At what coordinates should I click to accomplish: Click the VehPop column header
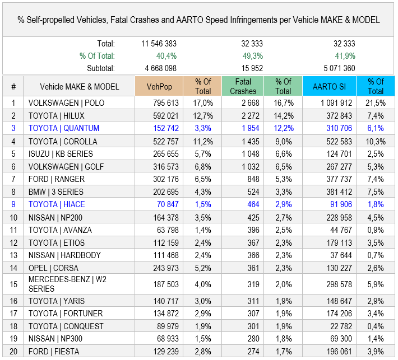point(159,86)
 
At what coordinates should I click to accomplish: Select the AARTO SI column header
point(328,86)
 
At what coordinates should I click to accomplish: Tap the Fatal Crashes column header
point(243,86)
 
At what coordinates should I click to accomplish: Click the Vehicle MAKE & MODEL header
point(80,86)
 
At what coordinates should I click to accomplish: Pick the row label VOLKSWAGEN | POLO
point(66,103)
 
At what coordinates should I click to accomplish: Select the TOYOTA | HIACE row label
point(57,204)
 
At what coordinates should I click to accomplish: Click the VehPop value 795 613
point(165,103)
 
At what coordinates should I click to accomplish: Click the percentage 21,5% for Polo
point(375,103)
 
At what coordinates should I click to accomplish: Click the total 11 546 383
point(159,44)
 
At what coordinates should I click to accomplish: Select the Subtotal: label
point(101,68)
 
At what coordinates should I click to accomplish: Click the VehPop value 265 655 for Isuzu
point(165,153)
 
